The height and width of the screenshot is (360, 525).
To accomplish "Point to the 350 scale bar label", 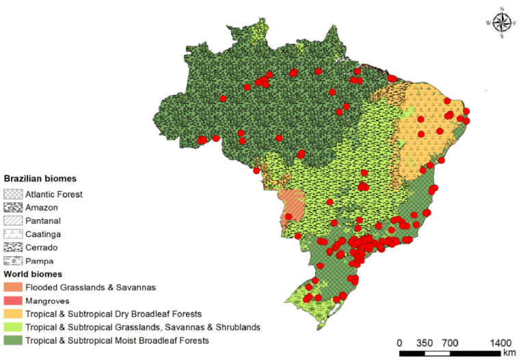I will pos(426,342).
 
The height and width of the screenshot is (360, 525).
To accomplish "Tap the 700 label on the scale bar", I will pos(450,342).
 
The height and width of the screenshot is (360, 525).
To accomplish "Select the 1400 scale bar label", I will pos(502,342).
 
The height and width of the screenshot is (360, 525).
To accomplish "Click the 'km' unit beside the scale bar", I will pos(509,353).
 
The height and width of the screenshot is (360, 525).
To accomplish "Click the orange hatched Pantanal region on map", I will pos(291,204).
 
